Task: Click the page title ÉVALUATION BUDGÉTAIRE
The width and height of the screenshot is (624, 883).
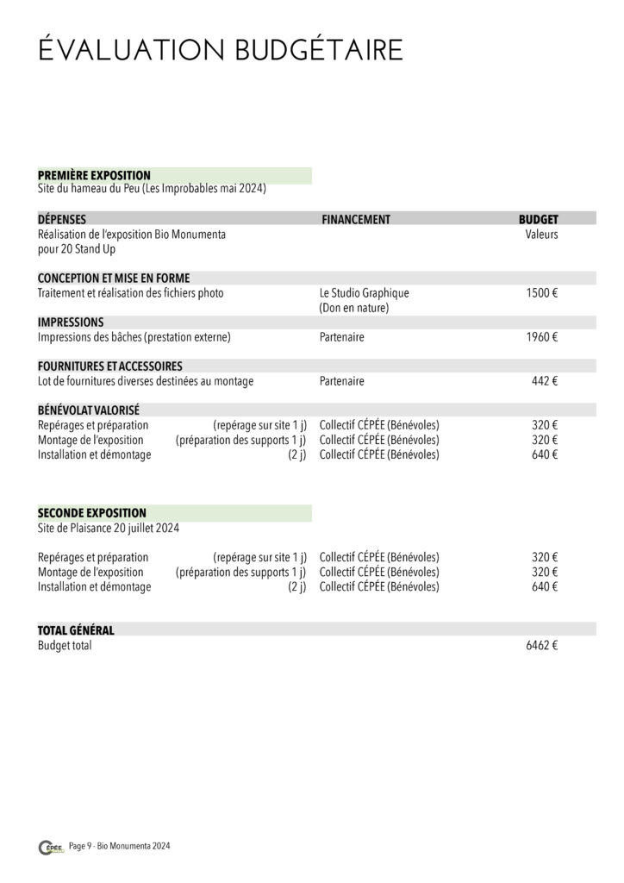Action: point(221,51)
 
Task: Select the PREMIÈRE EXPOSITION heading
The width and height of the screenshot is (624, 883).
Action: point(94,175)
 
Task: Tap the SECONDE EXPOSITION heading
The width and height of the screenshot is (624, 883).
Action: point(92,512)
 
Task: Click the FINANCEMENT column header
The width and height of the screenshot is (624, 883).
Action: point(355,219)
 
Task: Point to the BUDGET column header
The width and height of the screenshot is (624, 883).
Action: point(538,219)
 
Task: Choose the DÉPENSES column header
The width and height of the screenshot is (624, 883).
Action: point(62,219)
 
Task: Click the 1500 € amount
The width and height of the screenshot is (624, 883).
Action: point(541,293)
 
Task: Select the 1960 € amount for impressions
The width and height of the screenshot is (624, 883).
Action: point(541,337)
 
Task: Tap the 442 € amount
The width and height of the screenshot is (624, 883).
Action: point(544,381)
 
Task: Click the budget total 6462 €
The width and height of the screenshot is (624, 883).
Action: point(541,646)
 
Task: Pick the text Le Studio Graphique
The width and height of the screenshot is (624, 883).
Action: point(364,293)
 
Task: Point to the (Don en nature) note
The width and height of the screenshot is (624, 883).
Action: point(354,308)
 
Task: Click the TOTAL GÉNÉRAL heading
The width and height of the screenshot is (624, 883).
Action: point(76,630)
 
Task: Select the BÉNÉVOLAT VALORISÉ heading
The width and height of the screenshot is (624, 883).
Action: point(89,410)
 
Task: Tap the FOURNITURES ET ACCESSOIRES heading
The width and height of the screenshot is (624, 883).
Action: point(109,366)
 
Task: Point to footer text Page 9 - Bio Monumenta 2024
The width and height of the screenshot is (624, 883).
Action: point(120,848)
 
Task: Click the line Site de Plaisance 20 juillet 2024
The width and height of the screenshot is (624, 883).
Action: point(109,528)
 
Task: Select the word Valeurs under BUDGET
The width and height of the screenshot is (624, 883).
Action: point(541,234)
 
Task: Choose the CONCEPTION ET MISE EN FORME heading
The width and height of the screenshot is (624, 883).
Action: point(114,278)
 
